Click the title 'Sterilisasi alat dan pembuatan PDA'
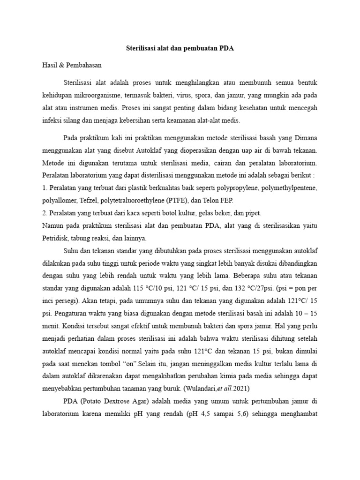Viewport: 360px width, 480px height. (180, 48)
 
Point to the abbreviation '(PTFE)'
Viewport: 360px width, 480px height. (176, 201)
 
